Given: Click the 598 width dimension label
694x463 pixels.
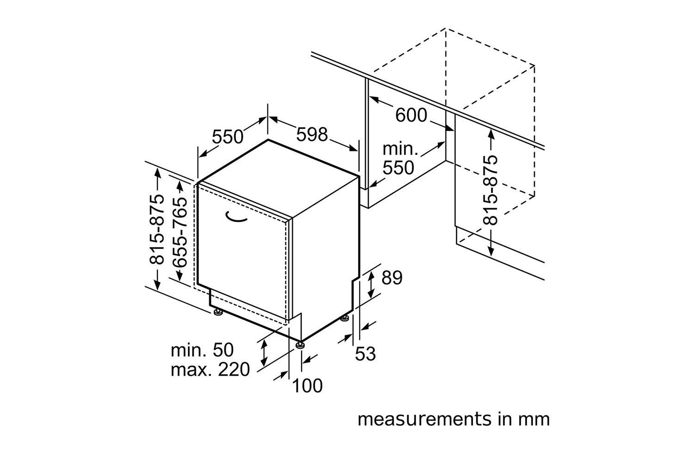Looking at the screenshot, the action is pyautogui.click(x=312, y=135).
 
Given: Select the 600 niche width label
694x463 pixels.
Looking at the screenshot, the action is pyautogui.click(x=411, y=115).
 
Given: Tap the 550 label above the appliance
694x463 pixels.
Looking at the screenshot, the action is pyautogui.click(x=228, y=137).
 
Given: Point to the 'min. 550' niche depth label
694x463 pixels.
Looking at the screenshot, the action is pyautogui.click(x=400, y=158).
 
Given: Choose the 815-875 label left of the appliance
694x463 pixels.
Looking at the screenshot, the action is pyautogui.click(x=156, y=229).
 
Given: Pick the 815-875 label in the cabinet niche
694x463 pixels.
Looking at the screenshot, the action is pyautogui.click(x=490, y=190).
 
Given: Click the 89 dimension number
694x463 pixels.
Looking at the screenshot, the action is pyautogui.click(x=392, y=277).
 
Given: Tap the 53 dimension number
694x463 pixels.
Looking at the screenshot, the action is pyautogui.click(x=366, y=354).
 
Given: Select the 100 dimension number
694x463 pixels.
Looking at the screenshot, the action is pyautogui.click(x=307, y=386).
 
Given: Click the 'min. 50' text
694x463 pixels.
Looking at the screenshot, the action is pyautogui.click(x=202, y=350).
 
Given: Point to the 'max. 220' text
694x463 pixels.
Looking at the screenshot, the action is pyautogui.click(x=210, y=369).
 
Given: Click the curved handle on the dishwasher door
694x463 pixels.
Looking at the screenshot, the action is pyautogui.click(x=236, y=218).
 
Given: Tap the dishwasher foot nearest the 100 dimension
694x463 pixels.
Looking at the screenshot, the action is pyautogui.click(x=299, y=345).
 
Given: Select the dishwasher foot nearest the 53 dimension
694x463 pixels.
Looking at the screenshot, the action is pyautogui.click(x=345, y=319).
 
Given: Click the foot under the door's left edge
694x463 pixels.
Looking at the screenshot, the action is pyautogui.click(x=218, y=312).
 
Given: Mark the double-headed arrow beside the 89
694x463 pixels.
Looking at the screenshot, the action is pyautogui.click(x=371, y=284).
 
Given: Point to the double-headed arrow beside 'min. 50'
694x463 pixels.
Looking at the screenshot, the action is pyautogui.click(x=264, y=353).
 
